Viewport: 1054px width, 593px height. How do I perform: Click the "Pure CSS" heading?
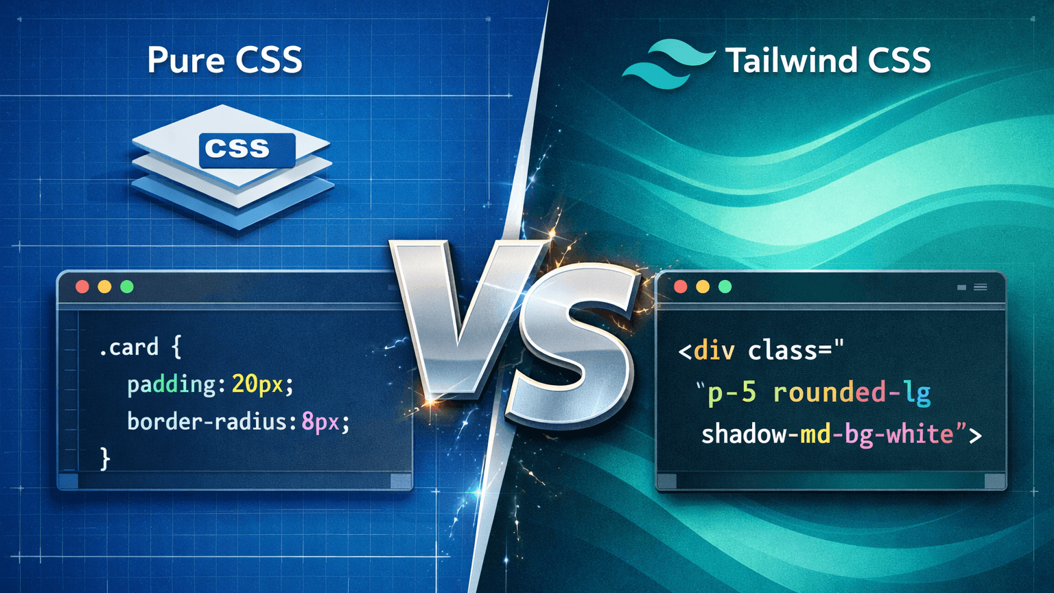click(x=224, y=60)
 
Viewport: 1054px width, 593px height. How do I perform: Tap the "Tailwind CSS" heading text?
click(x=828, y=60)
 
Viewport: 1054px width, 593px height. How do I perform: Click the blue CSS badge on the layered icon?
click(x=246, y=149)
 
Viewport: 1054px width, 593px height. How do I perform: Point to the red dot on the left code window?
click(x=82, y=287)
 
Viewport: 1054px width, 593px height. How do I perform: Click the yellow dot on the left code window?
click(x=104, y=287)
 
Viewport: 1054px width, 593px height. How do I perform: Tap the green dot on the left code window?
click(x=127, y=287)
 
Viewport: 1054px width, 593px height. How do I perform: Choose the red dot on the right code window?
click(x=681, y=287)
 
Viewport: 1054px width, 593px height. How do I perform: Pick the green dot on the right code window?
click(x=725, y=287)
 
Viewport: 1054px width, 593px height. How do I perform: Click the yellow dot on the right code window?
click(x=703, y=287)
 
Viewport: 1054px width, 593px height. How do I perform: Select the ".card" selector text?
click(x=129, y=347)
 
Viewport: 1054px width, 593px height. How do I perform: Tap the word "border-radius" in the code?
click(x=206, y=421)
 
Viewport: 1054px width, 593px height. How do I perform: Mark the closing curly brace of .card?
click(x=105, y=458)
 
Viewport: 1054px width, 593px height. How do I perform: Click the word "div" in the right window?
click(x=714, y=351)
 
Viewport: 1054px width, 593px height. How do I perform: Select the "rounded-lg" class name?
click(x=852, y=393)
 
